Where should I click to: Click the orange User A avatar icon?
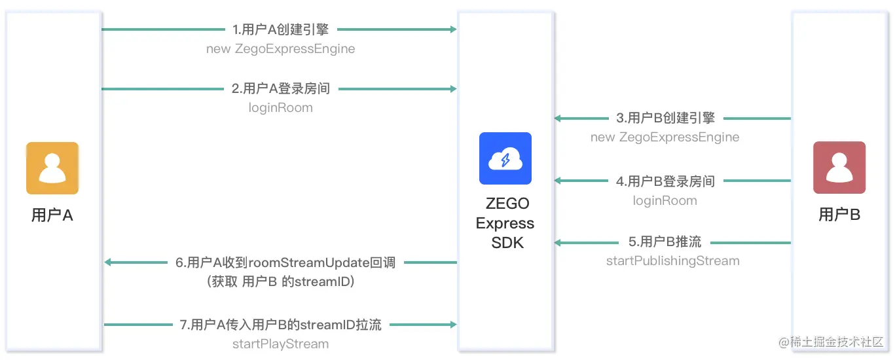(x=52, y=168)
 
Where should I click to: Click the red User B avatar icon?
(x=839, y=168)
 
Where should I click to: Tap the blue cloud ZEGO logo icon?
(x=505, y=158)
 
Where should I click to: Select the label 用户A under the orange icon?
(x=52, y=215)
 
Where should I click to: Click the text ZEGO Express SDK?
(x=505, y=223)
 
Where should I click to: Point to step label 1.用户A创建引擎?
(x=280, y=29)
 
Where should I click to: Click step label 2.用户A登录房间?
(x=280, y=88)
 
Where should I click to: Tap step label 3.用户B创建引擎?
(x=666, y=118)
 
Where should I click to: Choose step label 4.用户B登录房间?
(x=665, y=181)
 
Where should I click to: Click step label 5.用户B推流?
(x=665, y=242)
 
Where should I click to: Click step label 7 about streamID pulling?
(x=280, y=324)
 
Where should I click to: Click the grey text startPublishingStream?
(x=672, y=261)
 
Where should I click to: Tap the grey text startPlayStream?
(x=280, y=344)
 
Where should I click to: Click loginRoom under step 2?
(x=280, y=107)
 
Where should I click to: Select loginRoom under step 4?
(x=665, y=200)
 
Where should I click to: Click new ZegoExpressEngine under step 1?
(x=280, y=48)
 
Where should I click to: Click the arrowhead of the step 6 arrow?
(x=109, y=262)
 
